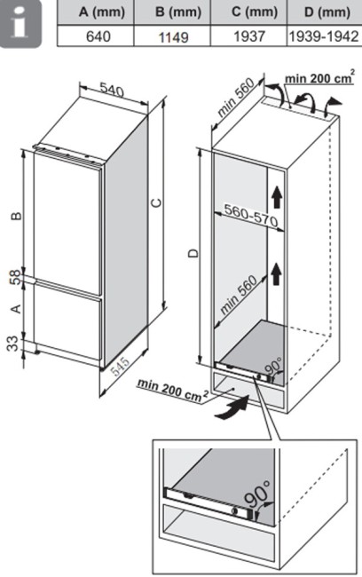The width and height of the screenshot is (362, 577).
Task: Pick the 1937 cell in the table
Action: pos(248,36)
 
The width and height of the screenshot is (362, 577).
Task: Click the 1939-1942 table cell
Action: pos(324,36)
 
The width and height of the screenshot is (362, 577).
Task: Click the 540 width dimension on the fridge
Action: pos(112,91)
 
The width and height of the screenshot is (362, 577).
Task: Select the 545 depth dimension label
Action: pos(121,366)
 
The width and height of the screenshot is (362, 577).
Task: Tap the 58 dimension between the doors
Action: pos(15,278)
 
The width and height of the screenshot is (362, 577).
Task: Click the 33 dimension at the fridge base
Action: pos(12,344)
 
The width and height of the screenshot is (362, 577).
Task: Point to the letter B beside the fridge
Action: pos(16,217)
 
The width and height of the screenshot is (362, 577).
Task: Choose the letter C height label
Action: pos(157,202)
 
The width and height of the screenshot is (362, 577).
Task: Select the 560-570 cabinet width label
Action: pos(251,216)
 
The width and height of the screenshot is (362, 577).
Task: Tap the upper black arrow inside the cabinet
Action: pos(277,197)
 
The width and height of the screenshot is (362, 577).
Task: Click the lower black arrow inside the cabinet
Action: pos(277,274)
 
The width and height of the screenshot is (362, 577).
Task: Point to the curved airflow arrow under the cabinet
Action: pos(232,408)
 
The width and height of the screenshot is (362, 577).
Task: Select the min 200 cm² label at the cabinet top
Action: pos(319,78)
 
